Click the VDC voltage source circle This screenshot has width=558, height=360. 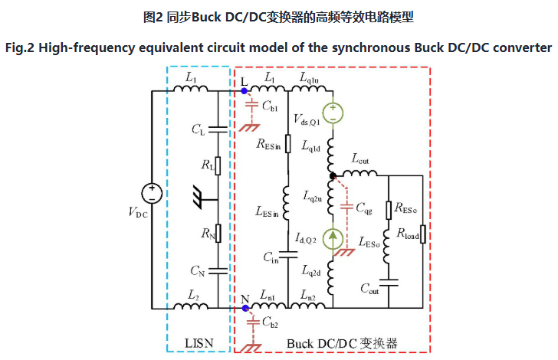[152, 194]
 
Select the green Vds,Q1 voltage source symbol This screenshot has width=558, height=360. [333, 113]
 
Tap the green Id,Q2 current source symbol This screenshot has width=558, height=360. [333, 238]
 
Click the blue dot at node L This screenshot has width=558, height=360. [244, 91]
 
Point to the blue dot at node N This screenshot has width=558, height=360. [245, 308]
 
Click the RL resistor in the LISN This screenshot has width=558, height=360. [218, 165]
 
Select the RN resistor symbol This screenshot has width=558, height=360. [218, 234]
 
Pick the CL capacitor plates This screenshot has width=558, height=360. [218, 129]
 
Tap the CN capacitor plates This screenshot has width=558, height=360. [218, 271]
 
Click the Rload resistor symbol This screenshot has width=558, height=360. [423, 234]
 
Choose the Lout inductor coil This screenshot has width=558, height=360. [359, 173]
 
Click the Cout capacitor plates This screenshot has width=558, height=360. [389, 283]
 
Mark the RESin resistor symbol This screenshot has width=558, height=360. [288, 144]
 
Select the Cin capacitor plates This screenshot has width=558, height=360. [288, 255]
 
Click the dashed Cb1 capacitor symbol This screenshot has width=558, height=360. [252, 104]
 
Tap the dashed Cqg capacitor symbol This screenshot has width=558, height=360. [346, 207]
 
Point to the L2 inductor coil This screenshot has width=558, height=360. [191, 306]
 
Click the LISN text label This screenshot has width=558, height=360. [199, 343]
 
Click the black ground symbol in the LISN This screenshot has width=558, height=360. [199, 197]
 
